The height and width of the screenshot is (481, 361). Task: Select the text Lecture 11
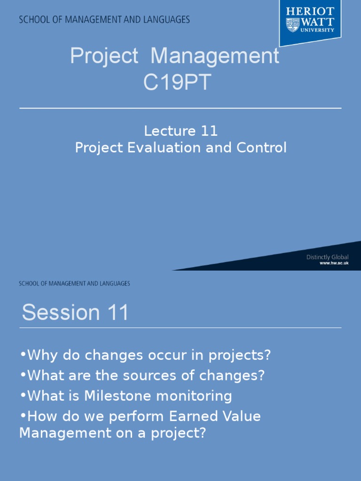click(x=180, y=131)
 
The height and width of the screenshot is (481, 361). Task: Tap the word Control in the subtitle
click(x=261, y=147)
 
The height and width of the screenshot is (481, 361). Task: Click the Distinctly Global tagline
click(x=327, y=257)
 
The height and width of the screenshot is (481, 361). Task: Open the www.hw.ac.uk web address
click(x=334, y=264)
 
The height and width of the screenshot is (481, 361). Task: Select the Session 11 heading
click(x=75, y=313)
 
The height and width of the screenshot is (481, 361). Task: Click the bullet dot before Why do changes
click(x=23, y=355)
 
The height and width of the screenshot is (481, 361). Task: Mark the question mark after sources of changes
click(x=262, y=376)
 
